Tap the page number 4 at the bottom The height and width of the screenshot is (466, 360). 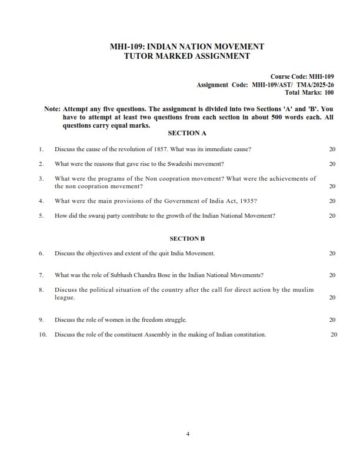187,435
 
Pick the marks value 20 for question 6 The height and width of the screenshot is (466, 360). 332,253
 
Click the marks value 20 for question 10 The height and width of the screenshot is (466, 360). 334,335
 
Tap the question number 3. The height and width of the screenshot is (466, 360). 41,178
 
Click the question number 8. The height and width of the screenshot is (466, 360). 41,289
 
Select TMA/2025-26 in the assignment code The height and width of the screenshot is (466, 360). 314,85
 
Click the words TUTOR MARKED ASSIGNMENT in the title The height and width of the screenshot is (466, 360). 179,56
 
